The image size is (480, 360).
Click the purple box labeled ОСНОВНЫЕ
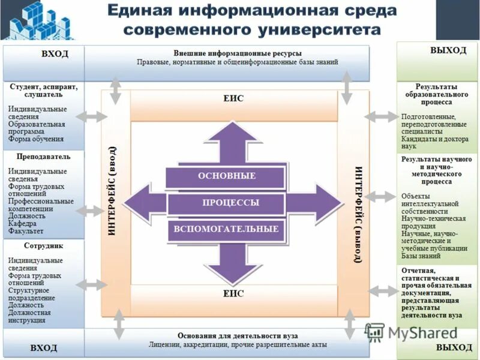pos(227,176)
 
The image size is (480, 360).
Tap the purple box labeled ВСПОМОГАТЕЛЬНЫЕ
pos(226,229)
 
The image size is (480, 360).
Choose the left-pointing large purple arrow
pos(144,203)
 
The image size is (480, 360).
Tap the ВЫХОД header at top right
pos(448,51)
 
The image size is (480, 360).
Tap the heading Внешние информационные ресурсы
pos(238,53)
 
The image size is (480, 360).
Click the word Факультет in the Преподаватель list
pos(26,231)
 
